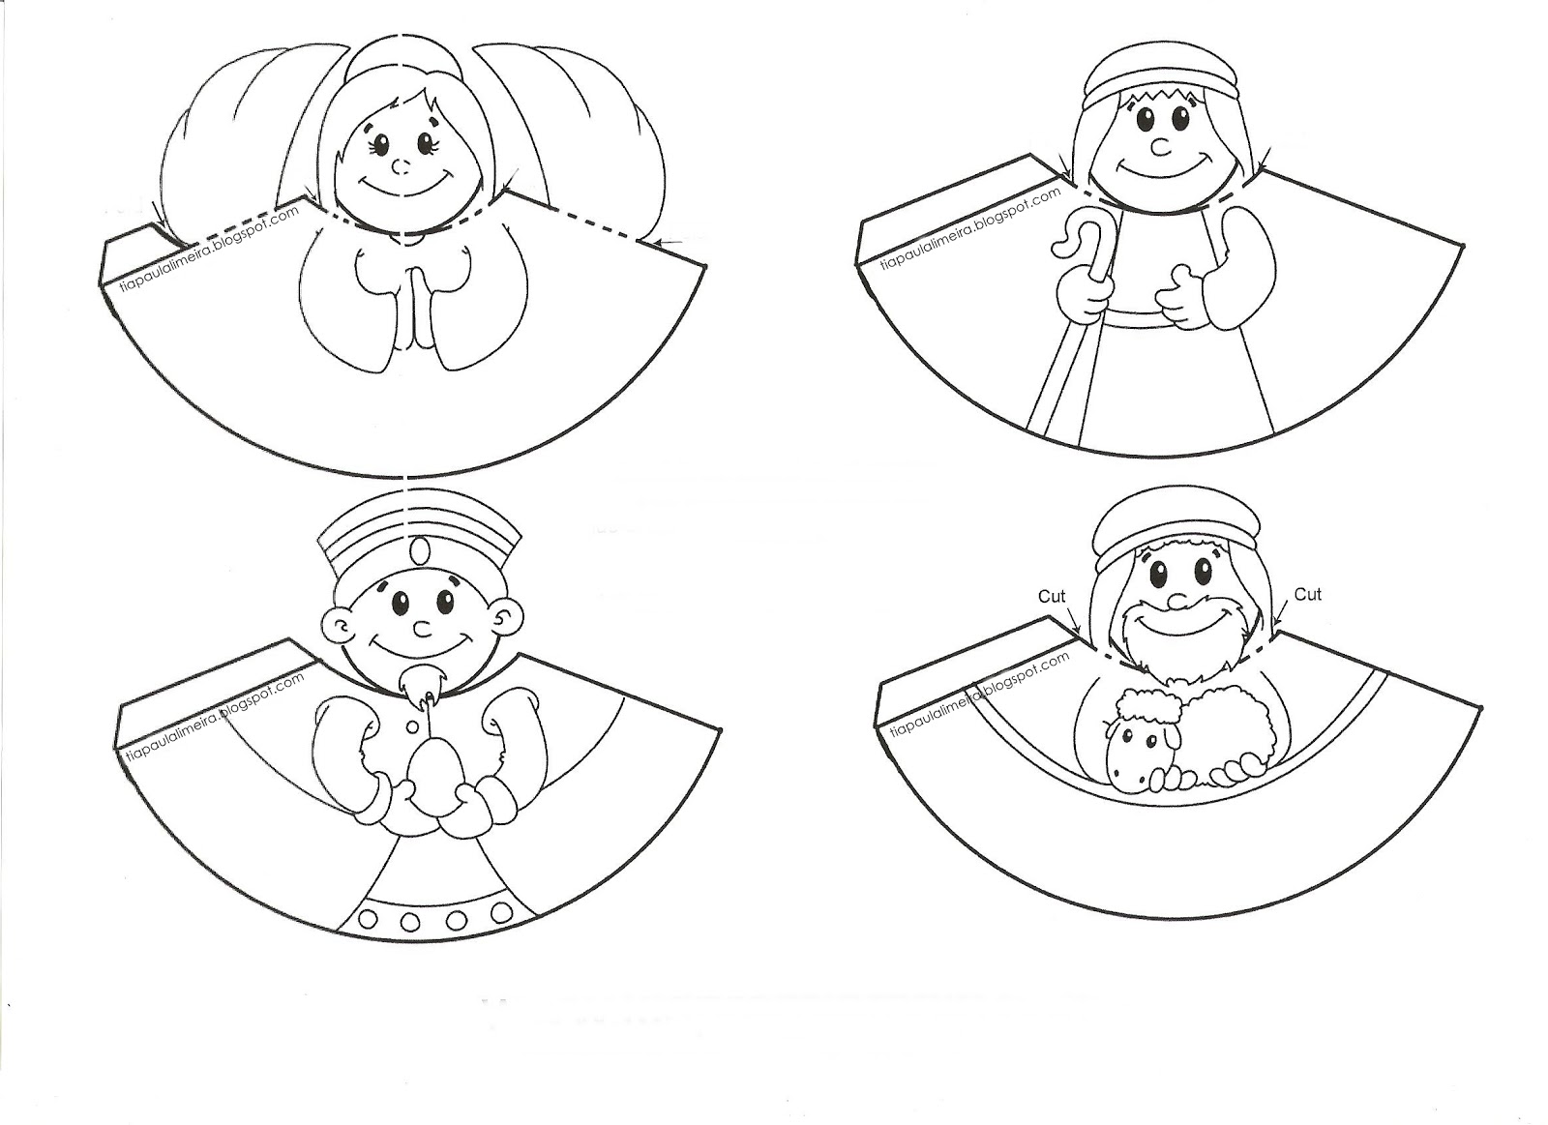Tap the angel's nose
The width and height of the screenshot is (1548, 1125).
point(401,166)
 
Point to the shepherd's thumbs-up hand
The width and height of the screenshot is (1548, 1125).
point(1179,296)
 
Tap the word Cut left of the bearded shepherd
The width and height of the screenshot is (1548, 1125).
point(1052,596)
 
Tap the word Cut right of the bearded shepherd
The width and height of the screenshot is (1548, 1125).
point(1307,594)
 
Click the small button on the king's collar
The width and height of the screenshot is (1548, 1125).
point(412,726)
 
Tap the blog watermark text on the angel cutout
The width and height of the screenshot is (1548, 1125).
point(209,248)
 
